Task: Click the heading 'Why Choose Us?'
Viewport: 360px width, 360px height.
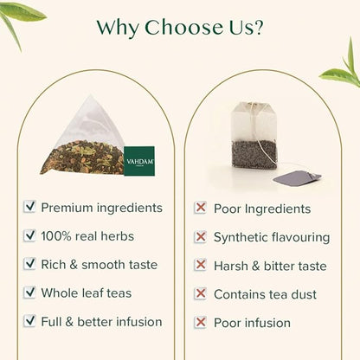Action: click(180, 27)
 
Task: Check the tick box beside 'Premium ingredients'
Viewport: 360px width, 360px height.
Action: click(30, 208)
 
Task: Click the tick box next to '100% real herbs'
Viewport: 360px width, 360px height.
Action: click(30, 236)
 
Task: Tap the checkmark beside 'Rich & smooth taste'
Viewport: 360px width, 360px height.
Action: click(30, 265)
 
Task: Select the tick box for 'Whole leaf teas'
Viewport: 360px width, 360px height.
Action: click(30, 293)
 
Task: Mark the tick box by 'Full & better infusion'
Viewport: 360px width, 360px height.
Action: click(30, 322)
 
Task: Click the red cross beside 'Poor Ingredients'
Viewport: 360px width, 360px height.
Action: click(201, 209)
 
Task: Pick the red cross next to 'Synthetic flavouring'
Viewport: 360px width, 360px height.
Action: click(201, 237)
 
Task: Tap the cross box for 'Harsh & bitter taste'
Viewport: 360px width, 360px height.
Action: click(201, 266)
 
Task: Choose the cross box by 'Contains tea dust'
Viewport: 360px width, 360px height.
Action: click(201, 294)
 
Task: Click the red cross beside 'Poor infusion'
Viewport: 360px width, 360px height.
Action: click(201, 323)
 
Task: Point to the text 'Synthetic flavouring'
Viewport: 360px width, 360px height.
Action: click(272, 237)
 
